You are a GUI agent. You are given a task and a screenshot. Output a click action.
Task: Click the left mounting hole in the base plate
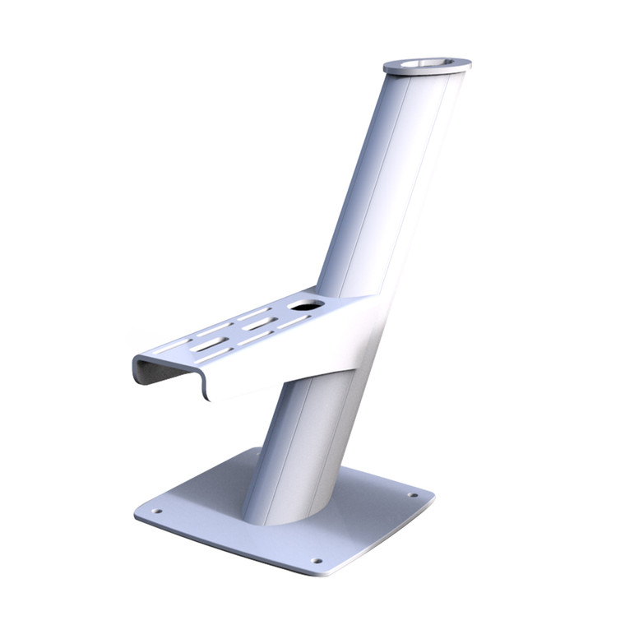pyautogui.click(x=158, y=511)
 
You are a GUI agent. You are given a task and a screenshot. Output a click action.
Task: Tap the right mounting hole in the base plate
pyautogui.click(x=410, y=495)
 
